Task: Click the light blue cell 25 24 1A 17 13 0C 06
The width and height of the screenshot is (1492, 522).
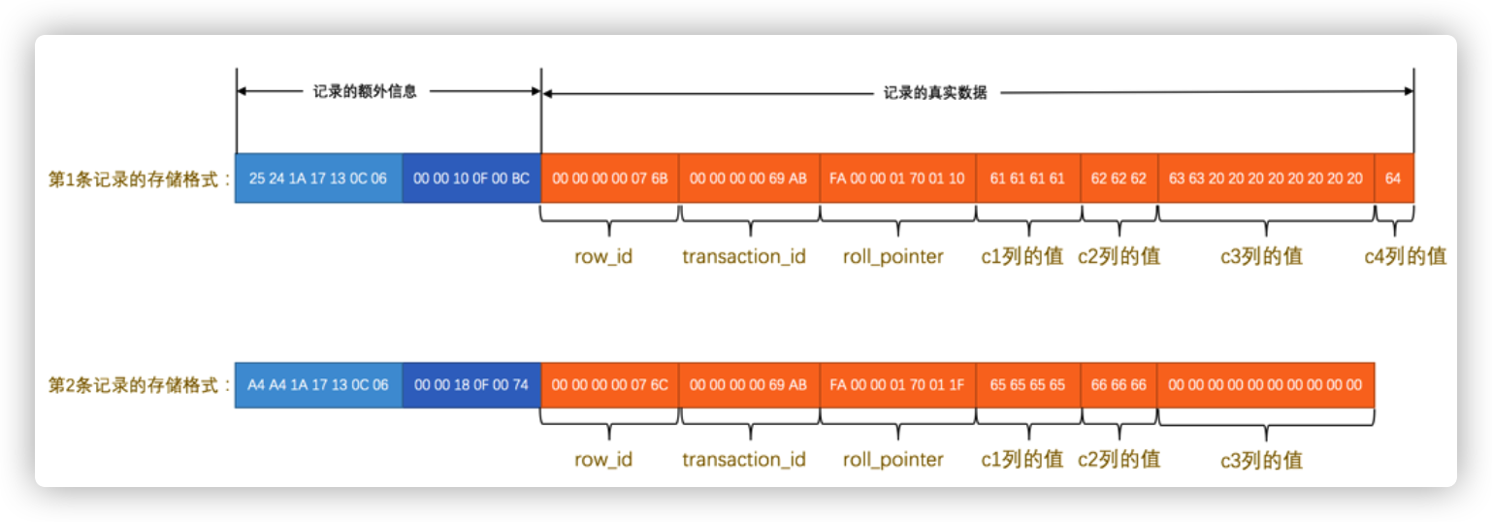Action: tap(318, 179)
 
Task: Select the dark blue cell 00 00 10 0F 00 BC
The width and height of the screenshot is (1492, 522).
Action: tap(471, 179)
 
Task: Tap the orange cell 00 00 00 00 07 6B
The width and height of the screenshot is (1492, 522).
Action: tap(610, 179)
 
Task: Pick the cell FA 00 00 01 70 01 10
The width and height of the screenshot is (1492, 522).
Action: tap(897, 179)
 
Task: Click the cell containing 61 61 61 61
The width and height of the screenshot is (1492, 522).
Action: tap(1027, 179)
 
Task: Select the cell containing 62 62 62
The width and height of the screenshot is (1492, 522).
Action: tap(1119, 179)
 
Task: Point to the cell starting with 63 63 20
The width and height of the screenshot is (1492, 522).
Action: tap(1266, 179)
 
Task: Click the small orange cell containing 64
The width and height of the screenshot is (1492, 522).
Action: tap(1393, 179)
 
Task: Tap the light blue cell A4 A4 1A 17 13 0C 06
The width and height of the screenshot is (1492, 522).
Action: tap(318, 384)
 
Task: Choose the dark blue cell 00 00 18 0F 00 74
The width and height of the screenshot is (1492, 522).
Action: tap(471, 384)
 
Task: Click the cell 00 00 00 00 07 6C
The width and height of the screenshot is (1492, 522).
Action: tap(610, 384)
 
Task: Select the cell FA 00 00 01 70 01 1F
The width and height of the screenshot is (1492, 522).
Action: tap(897, 384)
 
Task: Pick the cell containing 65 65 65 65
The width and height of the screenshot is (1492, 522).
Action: tap(1027, 384)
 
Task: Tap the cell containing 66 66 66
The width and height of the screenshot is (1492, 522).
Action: tap(1119, 384)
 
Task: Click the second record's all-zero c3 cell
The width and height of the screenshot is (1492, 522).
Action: tap(1266, 384)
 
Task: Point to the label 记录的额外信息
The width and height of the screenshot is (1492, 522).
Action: tap(365, 93)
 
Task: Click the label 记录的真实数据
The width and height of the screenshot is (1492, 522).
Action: tap(935, 93)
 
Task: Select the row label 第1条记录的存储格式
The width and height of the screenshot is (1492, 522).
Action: tap(135, 179)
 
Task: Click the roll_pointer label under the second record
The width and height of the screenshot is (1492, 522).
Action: tap(893, 459)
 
